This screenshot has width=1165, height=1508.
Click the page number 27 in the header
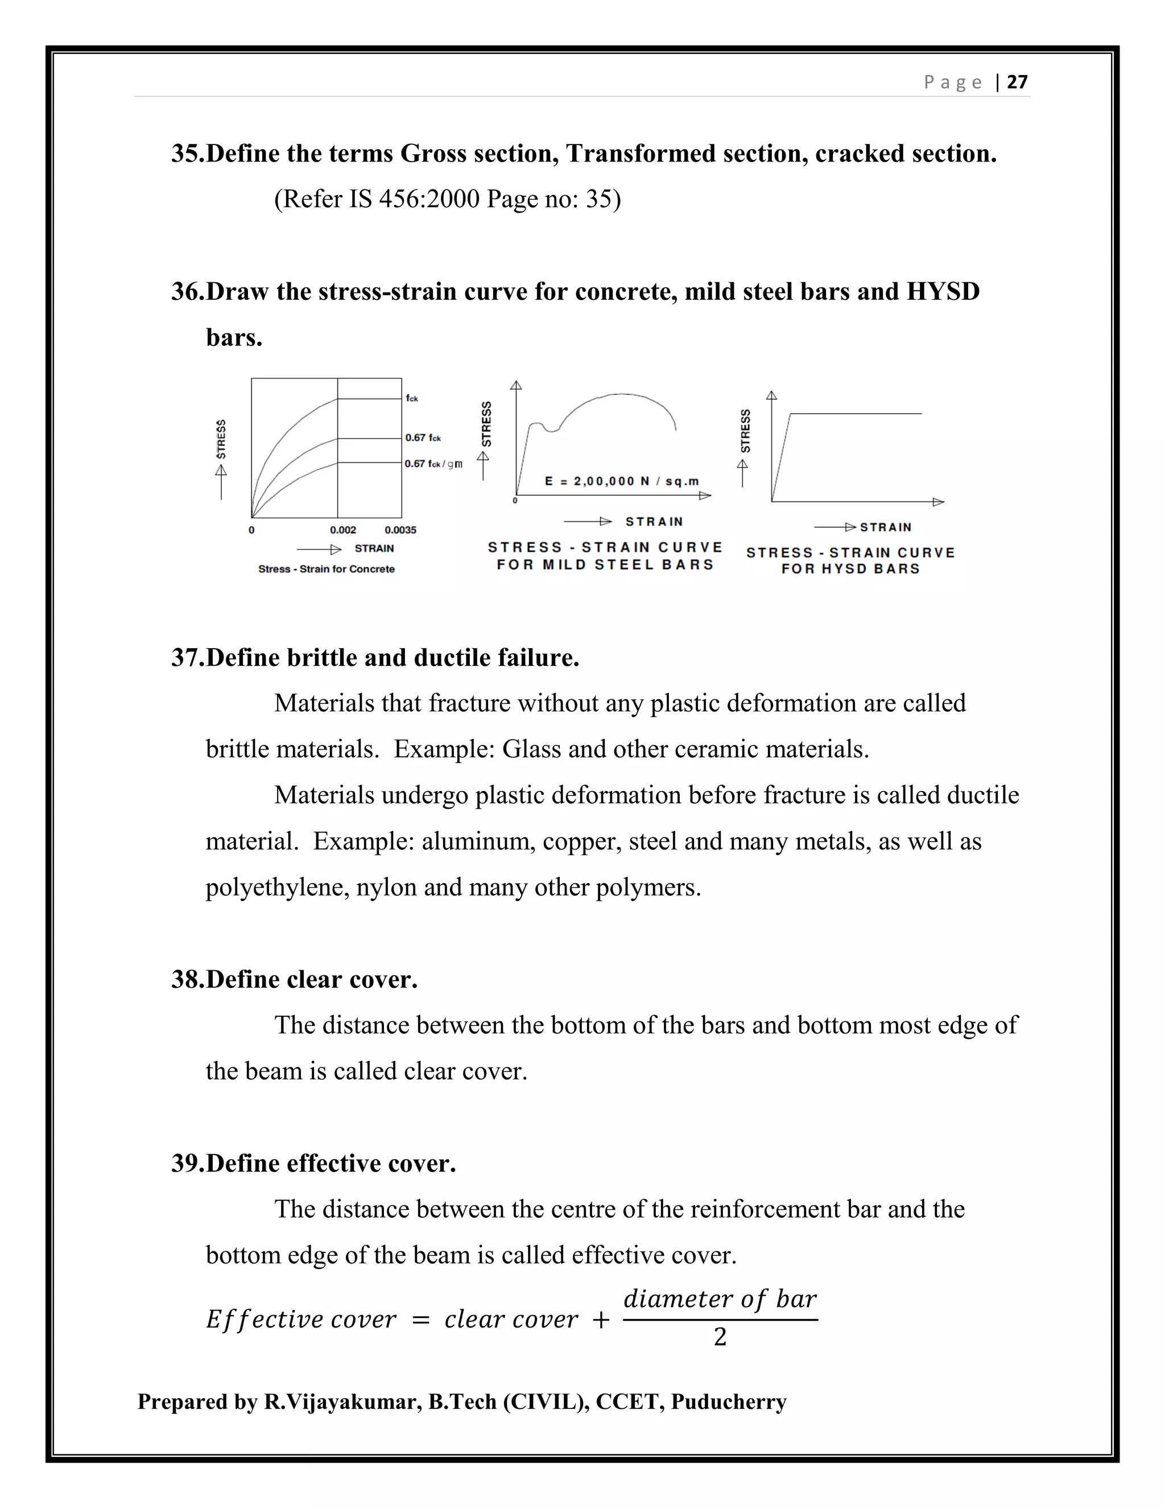point(1017,82)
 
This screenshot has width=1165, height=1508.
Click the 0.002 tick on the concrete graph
point(343,530)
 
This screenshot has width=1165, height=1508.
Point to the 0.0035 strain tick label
point(400,530)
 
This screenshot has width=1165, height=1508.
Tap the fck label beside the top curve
point(412,398)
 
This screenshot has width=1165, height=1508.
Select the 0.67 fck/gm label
point(433,463)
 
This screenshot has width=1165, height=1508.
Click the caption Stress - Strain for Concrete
point(327,569)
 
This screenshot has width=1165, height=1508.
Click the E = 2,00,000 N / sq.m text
point(622,481)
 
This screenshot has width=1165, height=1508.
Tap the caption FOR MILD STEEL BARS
point(605,565)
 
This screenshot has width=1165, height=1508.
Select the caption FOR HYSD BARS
point(850,569)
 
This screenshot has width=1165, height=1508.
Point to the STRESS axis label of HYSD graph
point(745,431)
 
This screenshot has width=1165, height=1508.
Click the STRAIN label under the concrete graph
point(374,548)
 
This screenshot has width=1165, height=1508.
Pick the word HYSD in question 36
point(942,291)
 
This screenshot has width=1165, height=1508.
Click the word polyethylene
point(277,887)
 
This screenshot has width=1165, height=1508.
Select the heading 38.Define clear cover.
point(295,979)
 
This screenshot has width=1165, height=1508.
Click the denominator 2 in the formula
point(720,1337)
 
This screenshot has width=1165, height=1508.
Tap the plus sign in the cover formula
point(601,1320)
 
